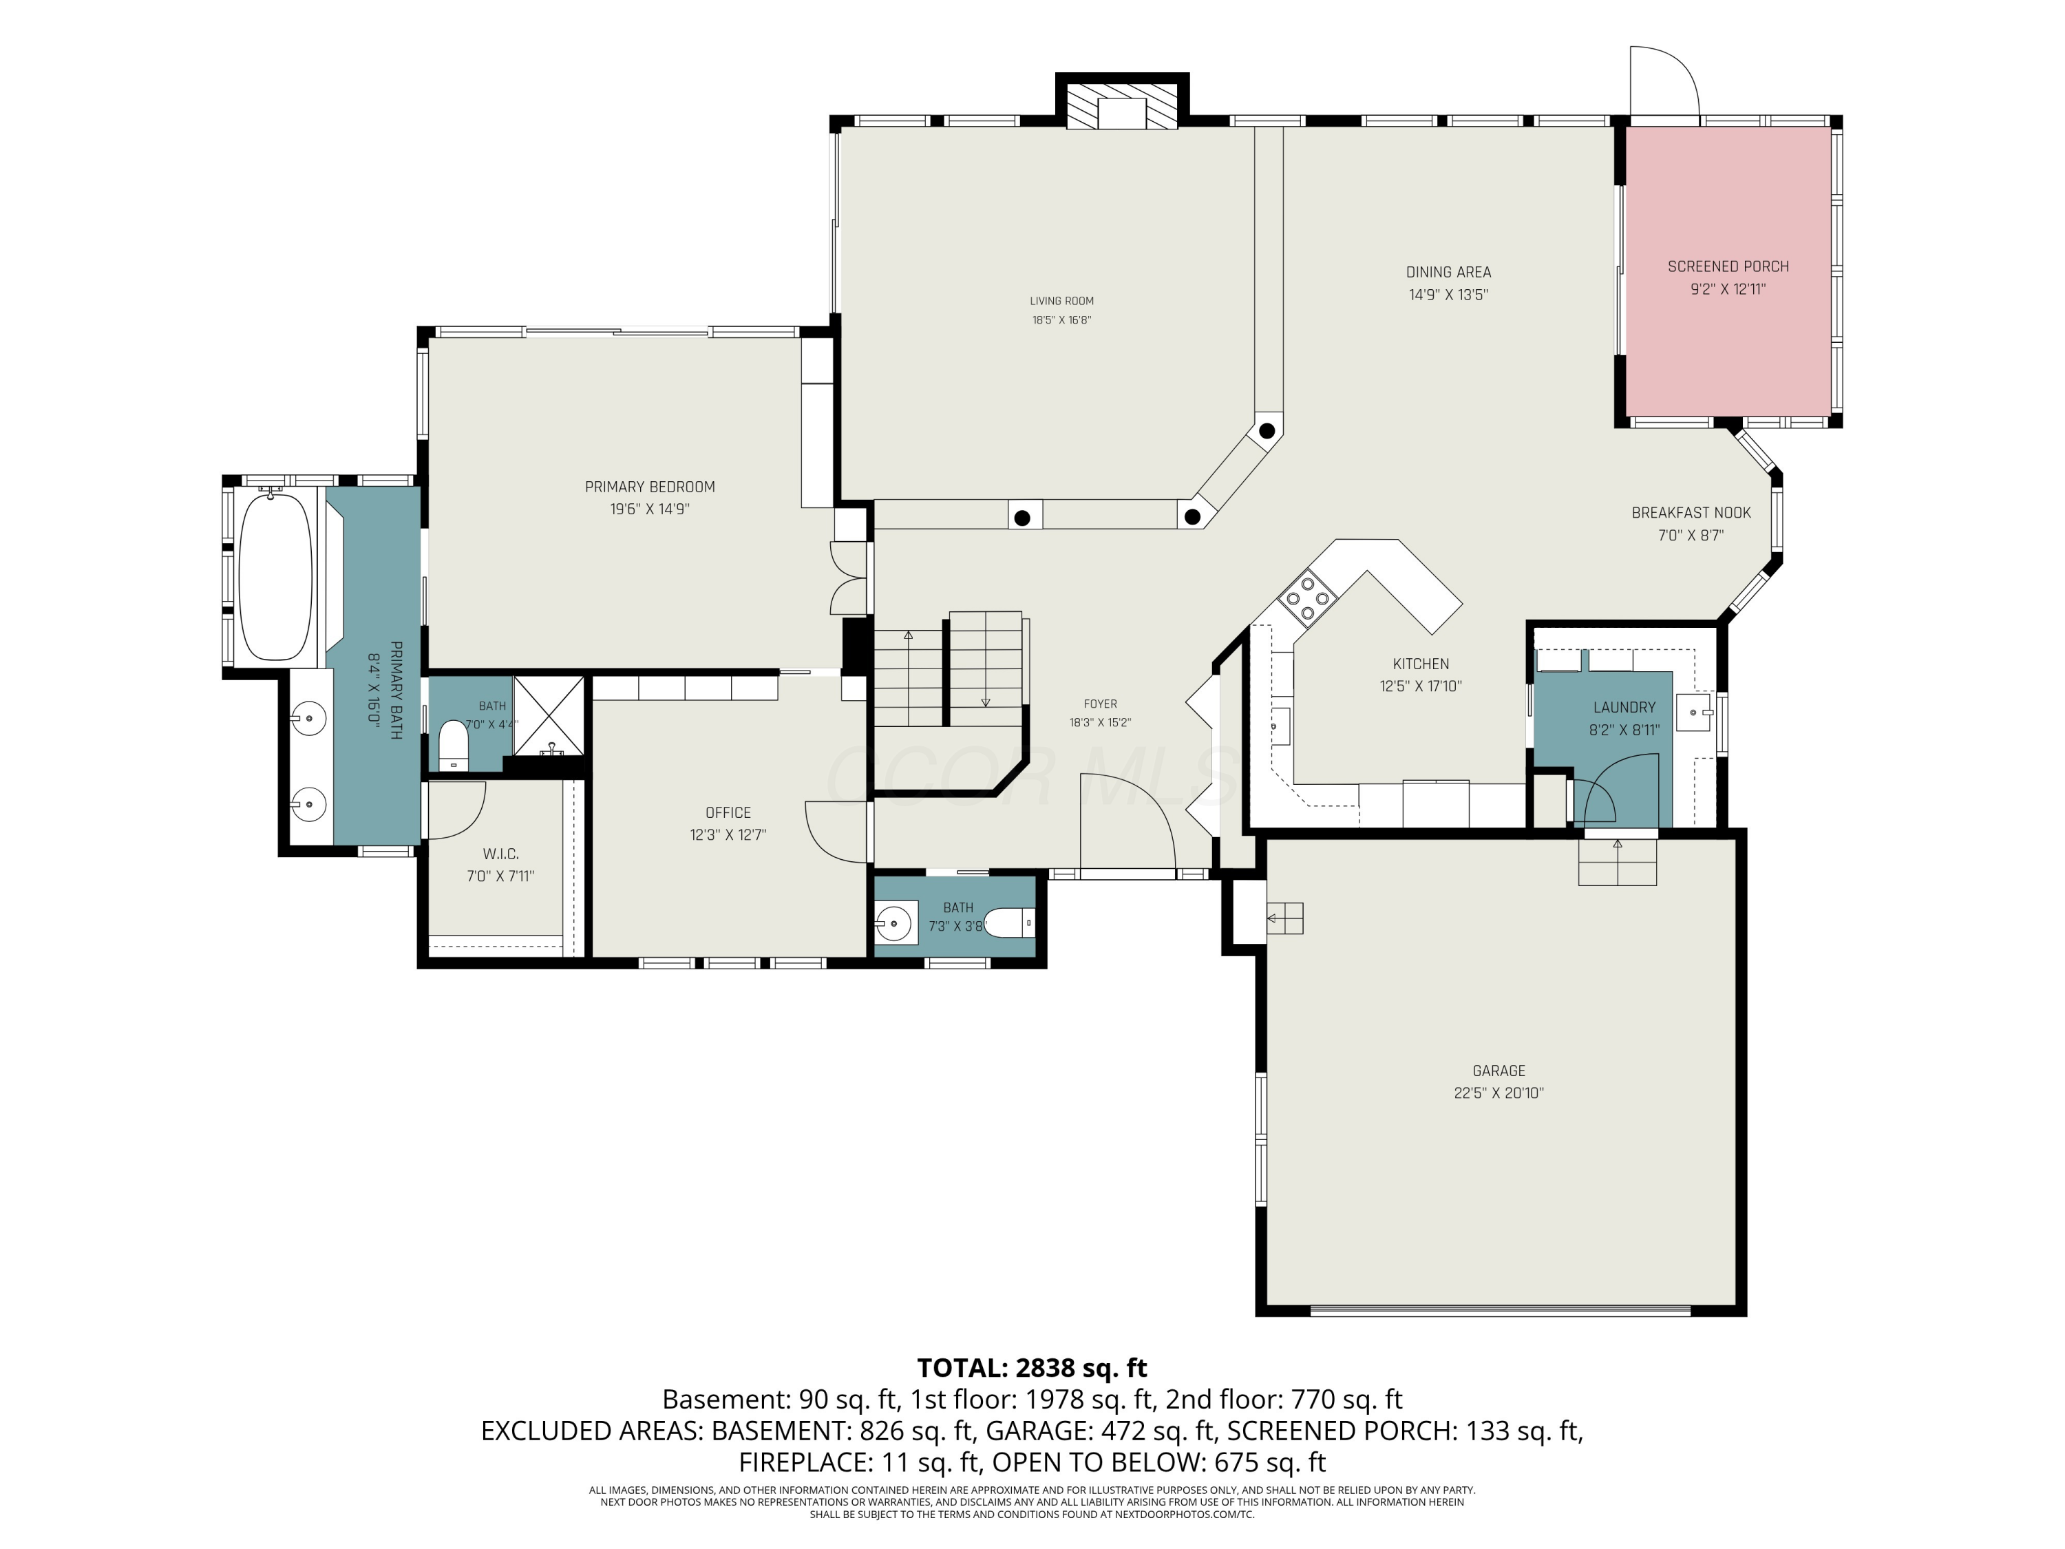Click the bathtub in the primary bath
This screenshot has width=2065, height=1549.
(275, 576)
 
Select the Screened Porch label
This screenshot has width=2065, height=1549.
(1728, 267)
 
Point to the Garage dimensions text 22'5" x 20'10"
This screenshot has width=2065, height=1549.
(1499, 1093)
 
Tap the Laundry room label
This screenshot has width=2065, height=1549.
(1624, 708)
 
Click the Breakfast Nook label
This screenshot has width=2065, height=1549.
(1691, 513)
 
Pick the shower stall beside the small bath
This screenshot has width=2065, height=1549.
(549, 715)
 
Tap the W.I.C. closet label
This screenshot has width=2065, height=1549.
(500, 854)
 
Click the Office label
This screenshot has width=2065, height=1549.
(728, 813)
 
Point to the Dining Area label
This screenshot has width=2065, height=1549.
(1448, 273)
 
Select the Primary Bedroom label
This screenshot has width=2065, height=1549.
(650, 487)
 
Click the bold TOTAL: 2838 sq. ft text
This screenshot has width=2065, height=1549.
(1032, 1368)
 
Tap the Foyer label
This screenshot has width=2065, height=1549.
(1101, 704)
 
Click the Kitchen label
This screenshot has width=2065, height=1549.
(1421, 664)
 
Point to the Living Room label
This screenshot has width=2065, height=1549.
(1061, 301)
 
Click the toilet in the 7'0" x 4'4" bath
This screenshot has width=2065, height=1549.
(453, 744)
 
